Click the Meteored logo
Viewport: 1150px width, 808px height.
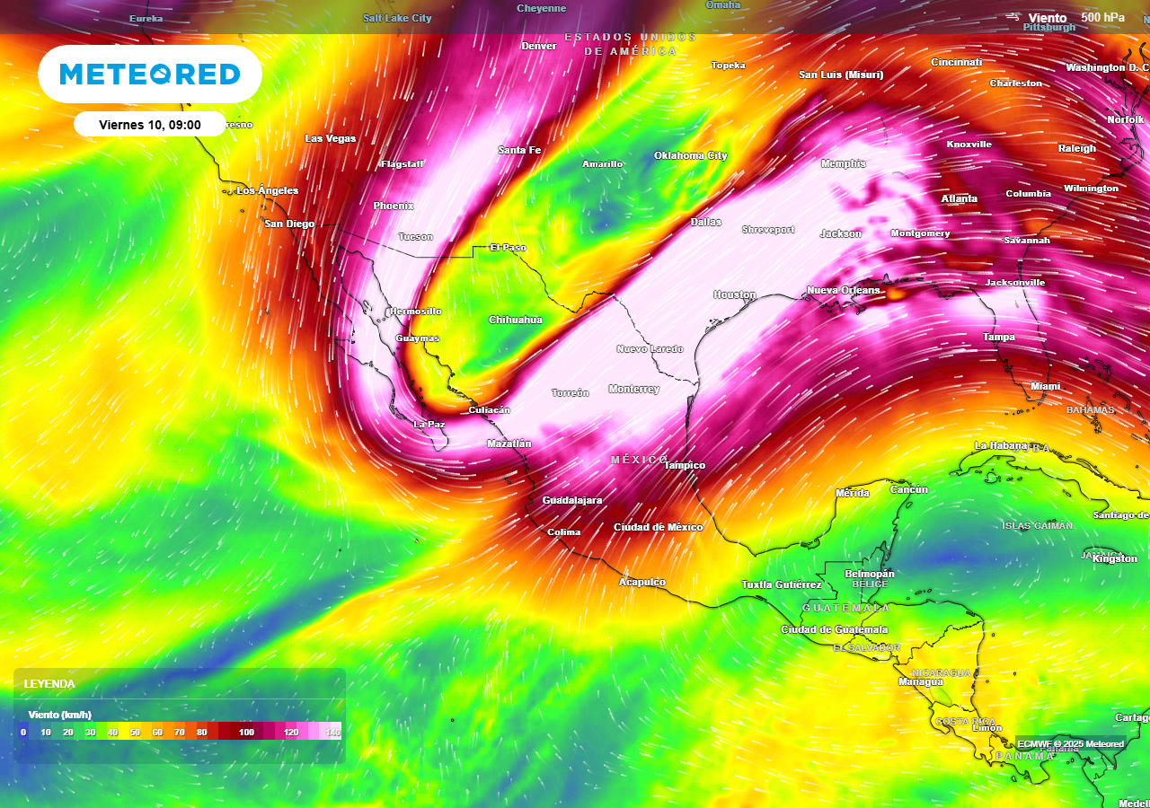click(x=150, y=74)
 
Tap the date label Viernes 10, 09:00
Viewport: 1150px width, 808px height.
click(x=150, y=125)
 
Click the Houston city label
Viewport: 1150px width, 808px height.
click(x=735, y=294)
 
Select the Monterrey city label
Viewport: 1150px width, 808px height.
click(x=633, y=389)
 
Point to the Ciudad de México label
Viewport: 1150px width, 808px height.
click(x=658, y=527)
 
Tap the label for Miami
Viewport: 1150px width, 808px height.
click(x=1045, y=386)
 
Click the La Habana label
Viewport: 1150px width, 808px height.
click(x=1001, y=445)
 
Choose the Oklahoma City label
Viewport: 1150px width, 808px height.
click(x=690, y=155)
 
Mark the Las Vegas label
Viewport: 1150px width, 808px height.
click(x=331, y=138)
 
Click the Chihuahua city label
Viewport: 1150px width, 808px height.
click(x=516, y=320)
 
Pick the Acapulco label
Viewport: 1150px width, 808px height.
click(x=642, y=582)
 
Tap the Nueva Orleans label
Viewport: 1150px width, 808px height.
click(x=844, y=290)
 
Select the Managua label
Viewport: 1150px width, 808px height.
click(x=921, y=681)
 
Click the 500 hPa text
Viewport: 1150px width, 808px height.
click(x=1102, y=17)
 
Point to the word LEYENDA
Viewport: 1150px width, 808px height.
click(x=49, y=684)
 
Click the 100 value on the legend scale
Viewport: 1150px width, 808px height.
click(x=246, y=733)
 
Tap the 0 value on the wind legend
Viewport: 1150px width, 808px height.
click(x=23, y=733)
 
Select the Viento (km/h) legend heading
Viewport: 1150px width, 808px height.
click(x=60, y=715)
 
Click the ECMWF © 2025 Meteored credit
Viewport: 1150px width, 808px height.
click(x=1070, y=743)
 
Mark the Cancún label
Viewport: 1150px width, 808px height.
click(x=908, y=489)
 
